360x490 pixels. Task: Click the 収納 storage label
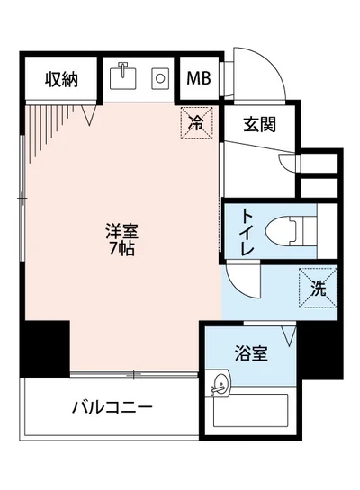click(x=61, y=79)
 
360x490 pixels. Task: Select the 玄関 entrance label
click(x=258, y=127)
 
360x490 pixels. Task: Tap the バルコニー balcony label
click(x=112, y=406)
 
